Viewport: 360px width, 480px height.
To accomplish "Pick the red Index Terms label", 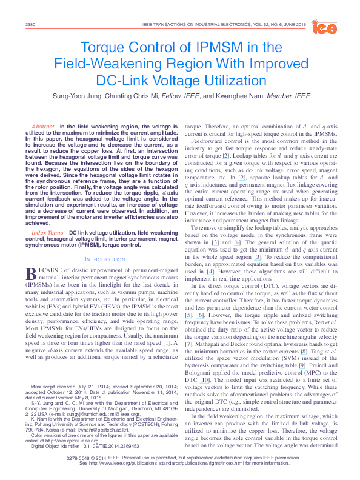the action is pos(48,233).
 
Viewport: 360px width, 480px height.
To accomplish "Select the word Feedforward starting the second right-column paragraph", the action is pos(207,148).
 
